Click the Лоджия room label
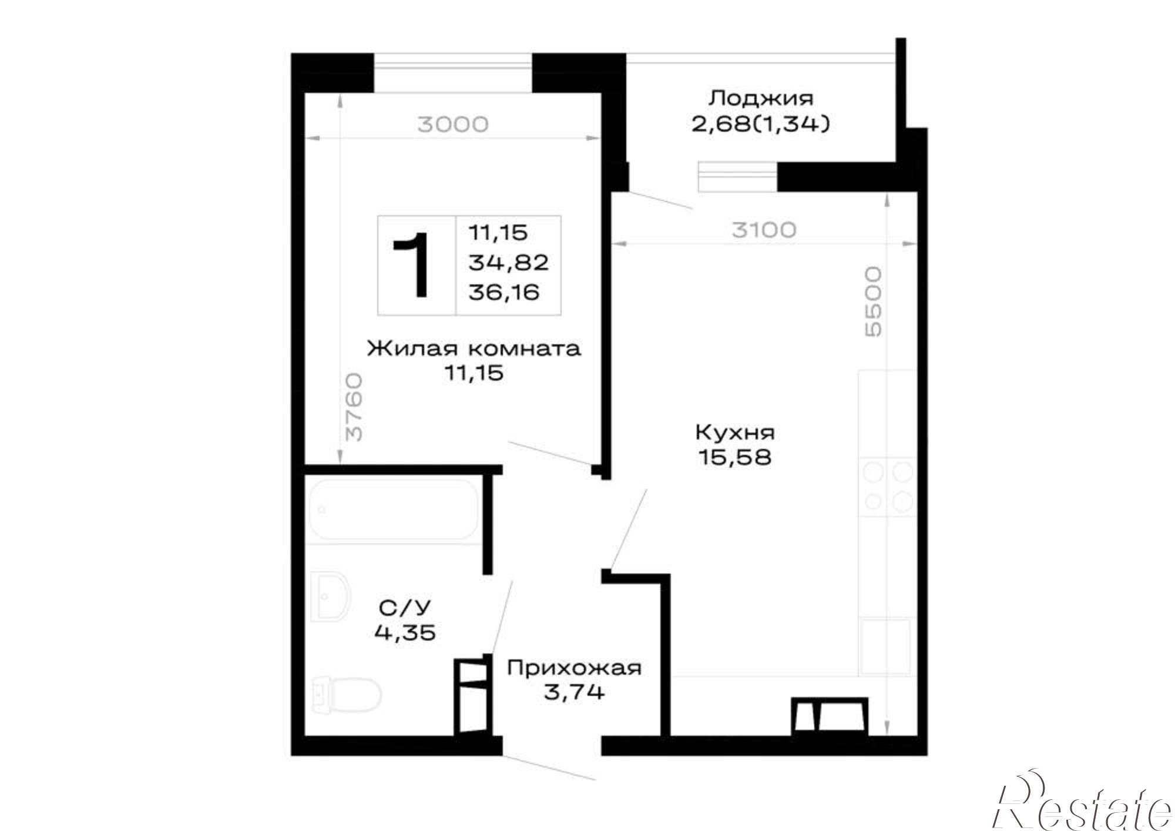[761, 98]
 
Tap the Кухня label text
[735, 433]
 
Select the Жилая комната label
[474, 349]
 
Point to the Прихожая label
[574, 668]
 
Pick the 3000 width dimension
[452, 125]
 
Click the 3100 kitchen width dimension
[764, 230]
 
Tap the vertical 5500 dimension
[874, 302]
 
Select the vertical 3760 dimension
[354, 408]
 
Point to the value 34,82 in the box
[508, 262]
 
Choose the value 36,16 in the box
[504, 292]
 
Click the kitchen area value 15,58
[734, 457]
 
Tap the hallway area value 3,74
[574, 692]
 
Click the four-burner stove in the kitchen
[887, 487]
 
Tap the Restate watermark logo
[1082, 807]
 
